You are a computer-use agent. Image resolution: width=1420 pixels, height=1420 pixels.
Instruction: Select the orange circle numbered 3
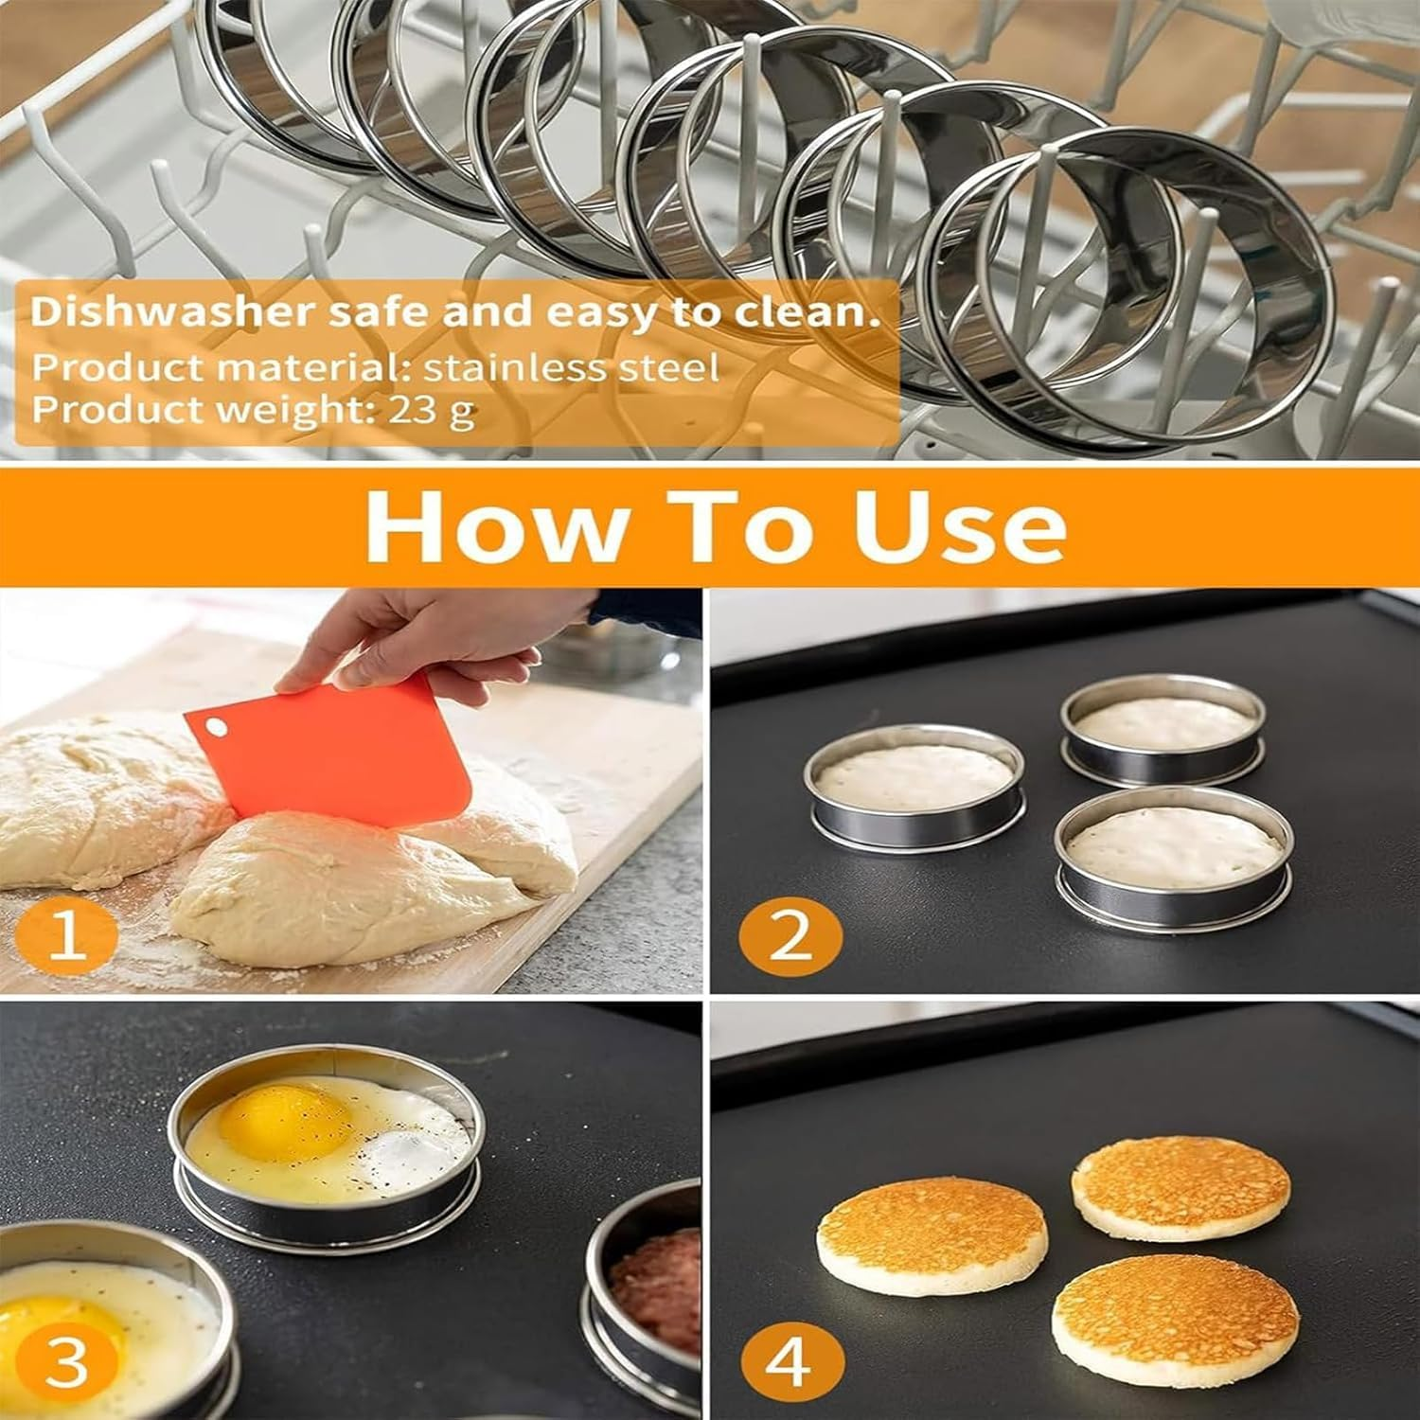click(66, 1362)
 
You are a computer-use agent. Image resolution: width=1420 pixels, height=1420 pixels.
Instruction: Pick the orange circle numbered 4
click(790, 1362)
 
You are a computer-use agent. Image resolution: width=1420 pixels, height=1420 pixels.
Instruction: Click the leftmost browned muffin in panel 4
click(932, 1235)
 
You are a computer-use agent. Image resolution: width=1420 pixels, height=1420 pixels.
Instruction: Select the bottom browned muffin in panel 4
click(1175, 1321)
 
